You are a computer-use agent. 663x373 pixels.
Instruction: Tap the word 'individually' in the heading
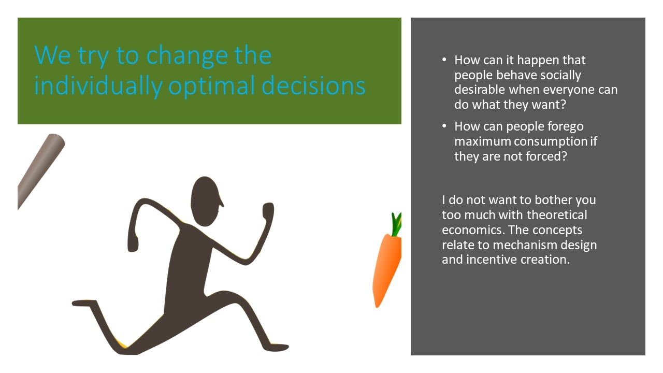tap(98, 86)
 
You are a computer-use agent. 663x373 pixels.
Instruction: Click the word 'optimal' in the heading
tap(212, 86)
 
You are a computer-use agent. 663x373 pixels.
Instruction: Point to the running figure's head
tap(206, 202)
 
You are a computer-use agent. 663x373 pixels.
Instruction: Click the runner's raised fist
tap(268, 210)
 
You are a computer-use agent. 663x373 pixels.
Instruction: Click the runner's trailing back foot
tap(84, 303)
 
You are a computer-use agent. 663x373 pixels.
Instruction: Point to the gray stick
tap(41, 171)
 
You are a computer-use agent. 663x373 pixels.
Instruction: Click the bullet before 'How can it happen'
tap(444, 60)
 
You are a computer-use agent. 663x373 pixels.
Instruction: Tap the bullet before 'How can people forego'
tap(444, 126)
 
